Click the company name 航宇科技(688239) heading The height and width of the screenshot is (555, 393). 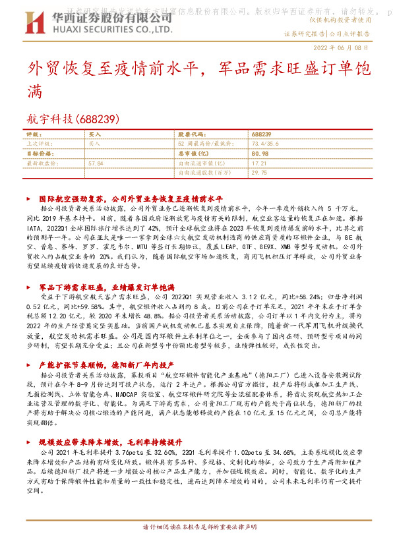[x=73, y=119]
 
